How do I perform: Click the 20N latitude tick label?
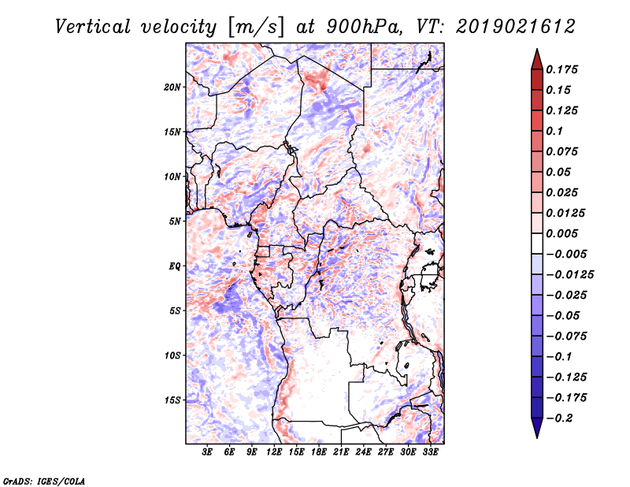[x=172, y=87]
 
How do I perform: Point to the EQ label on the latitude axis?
[x=175, y=266]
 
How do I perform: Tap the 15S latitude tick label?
[x=172, y=400]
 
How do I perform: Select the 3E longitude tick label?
[x=207, y=452]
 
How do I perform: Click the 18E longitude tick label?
[x=319, y=452]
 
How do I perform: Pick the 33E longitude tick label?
[x=430, y=452]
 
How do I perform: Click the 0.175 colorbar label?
[x=561, y=69]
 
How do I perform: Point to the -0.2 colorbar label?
[x=559, y=418]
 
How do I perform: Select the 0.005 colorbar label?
[x=561, y=233]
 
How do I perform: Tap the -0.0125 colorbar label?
[x=569, y=275]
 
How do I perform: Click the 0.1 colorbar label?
[x=554, y=131]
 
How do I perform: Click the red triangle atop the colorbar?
[x=537, y=60]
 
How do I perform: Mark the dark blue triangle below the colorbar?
[x=537, y=428]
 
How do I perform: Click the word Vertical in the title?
[x=92, y=27]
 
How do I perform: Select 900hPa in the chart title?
[x=364, y=27]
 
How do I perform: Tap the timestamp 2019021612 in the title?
[x=516, y=27]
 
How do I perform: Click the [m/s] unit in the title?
[x=257, y=28]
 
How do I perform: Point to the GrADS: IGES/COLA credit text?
[x=44, y=481]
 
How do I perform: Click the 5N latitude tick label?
[x=175, y=221]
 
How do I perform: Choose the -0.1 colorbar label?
[x=559, y=357]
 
